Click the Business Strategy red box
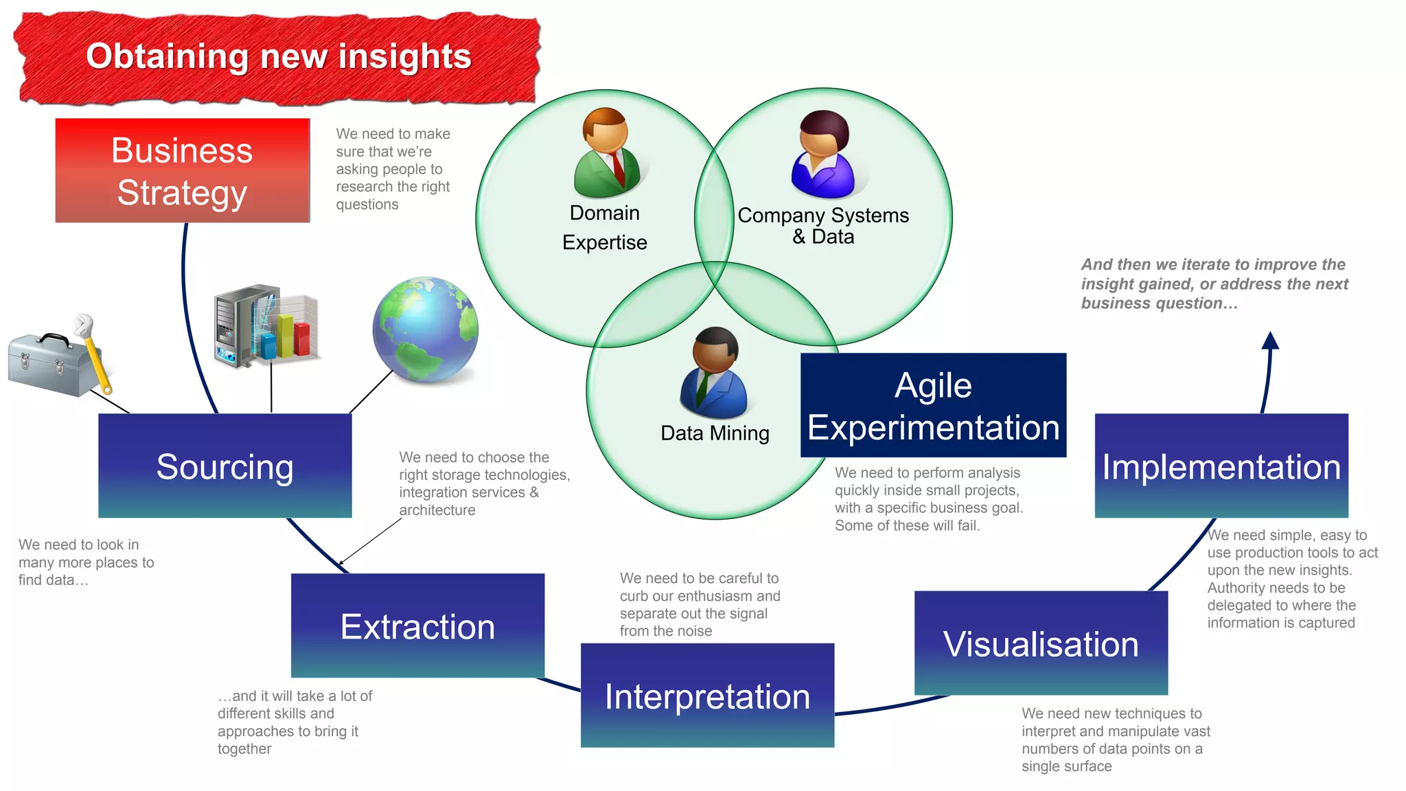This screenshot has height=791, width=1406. tap(182, 170)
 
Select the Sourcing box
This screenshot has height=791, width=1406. tap(224, 466)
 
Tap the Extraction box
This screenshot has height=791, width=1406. tap(417, 626)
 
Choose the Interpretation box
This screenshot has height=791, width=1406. tap(707, 695)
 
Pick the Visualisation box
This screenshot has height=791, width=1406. tap(1041, 643)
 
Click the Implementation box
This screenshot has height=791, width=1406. tap(1221, 466)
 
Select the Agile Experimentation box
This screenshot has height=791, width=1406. tap(933, 405)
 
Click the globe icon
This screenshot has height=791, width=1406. tap(425, 330)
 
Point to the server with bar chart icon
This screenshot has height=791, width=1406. tap(266, 326)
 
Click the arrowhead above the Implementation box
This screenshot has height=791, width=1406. tap(1270, 341)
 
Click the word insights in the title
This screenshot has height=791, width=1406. tap(405, 56)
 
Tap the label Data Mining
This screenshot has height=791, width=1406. tap(715, 433)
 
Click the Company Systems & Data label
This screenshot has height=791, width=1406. tap(823, 225)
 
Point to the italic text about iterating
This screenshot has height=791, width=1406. tap(1214, 284)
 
